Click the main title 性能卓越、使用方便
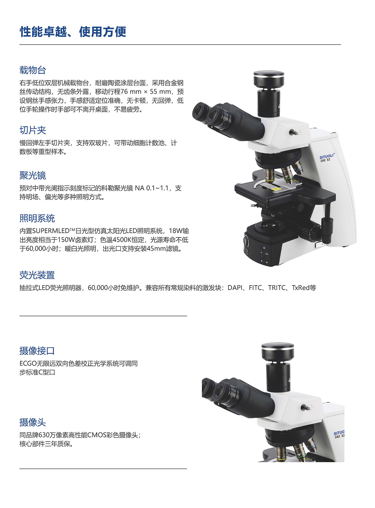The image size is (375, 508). tap(73, 32)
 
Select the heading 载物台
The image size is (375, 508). tap(33, 70)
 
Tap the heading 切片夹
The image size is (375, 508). tap(33, 130)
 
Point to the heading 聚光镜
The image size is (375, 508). tap(33, 176)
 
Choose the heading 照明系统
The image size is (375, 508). tap(37, 218)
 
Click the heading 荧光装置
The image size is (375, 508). tap(37, 275)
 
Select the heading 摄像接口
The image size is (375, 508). tap(37, 351)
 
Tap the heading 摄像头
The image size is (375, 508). tap(33, 422)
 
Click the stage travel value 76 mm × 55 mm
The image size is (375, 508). tap(146, 92)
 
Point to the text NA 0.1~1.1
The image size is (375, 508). tap(151, 188)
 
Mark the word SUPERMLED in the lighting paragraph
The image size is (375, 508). tap(51, 231)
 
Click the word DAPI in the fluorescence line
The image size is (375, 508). tap(235, 288)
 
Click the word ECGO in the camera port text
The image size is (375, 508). tap(28, 364)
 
